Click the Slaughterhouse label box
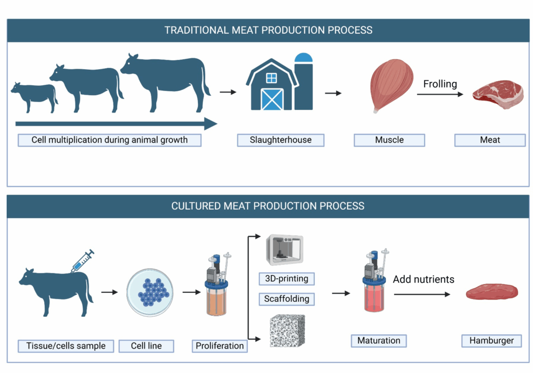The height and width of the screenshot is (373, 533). click(x=281, y=140)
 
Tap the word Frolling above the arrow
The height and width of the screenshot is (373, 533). click(x=440, y=84)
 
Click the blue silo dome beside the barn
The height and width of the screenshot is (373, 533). click(x=303, y=57)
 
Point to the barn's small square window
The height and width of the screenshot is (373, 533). click(x=271, y=78)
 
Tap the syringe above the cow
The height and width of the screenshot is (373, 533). click(x=82, y=261)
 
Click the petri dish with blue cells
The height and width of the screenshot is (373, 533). click(x=150, y=292)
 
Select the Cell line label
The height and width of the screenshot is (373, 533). click(x=146, y=346)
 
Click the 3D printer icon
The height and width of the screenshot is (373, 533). click(x=285, y=250)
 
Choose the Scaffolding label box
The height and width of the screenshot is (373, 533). click(x=287, y=299)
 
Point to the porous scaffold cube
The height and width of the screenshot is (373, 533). click(x=287, y=331)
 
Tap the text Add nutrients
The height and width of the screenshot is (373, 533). click(x=424, y=279)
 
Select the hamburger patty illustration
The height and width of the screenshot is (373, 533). click(x=491, y=291)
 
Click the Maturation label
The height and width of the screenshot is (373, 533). click(x=379, y=341)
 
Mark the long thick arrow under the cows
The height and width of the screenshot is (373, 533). click(x=116, y=124)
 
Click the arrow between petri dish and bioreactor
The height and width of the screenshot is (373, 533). click(x=192, y=292)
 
